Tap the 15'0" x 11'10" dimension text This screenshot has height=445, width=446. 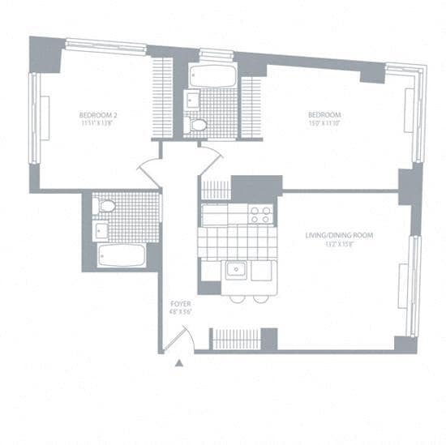(x=324, y=122)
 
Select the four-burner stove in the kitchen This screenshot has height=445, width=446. (x=259, y=214)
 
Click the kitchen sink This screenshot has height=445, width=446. (x=237, y=269)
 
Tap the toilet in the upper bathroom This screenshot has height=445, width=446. (x=196, y=125)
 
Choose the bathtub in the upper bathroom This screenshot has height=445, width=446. (x=212, y=76)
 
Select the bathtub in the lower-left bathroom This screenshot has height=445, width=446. (x=122, y=255)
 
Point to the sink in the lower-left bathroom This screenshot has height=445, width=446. (x=101, y=230)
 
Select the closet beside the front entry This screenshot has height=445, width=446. (x=237, y=338)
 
